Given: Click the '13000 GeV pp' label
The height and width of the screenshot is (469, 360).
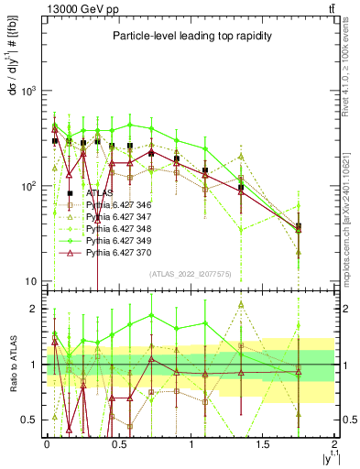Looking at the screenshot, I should pyautogui.click(x=73, y=7).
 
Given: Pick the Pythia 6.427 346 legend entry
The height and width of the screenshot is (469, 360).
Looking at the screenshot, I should pyautogui.click(x=119, y=204).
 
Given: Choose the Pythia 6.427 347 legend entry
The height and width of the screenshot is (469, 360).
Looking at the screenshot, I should pyautogui.click(x=119, y=215).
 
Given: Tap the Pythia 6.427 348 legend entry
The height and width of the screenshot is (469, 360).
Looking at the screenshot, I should pyautogui.click(x=119, y=227).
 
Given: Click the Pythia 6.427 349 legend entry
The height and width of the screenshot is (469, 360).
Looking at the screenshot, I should pyautogui.click(x=119, y=238).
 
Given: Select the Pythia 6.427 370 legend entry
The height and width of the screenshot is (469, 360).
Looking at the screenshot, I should pyautogui.click(x=119, y=249).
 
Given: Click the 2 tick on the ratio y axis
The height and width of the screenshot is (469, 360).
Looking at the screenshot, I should pyautogui.click(x=35, y=309).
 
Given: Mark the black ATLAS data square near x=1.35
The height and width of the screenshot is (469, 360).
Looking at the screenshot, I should pyautogui.click(x=241, y=188).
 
